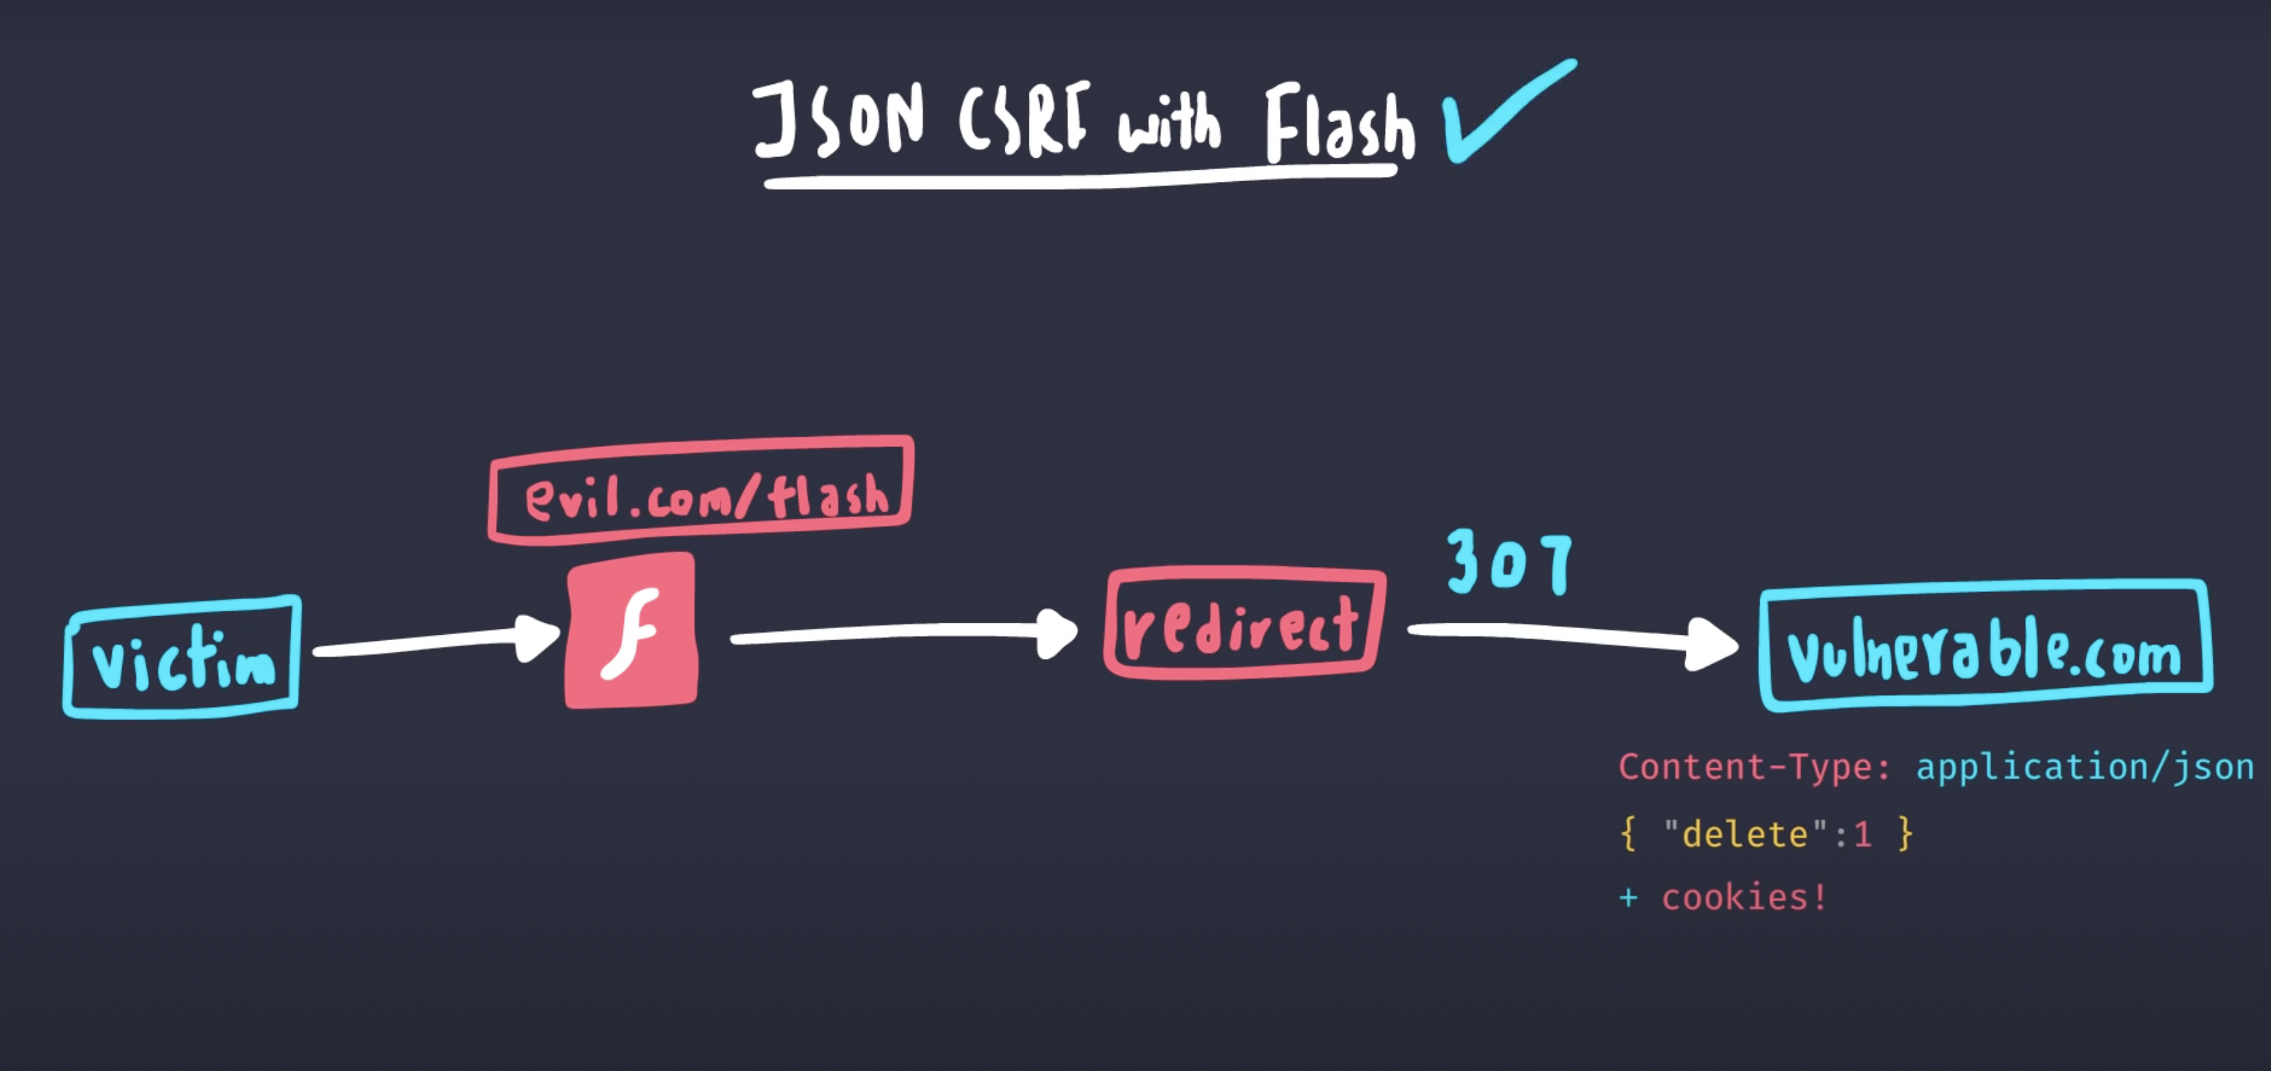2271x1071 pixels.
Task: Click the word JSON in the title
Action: (x=838, y=119)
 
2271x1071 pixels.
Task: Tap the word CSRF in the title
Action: (x=1023, y=119)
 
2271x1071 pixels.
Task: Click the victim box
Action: (x=183, y=658)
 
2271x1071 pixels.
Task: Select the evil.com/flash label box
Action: (x=701, y=489)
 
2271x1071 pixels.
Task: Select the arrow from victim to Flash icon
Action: (x=436, y=642)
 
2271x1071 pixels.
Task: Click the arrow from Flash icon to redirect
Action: (x=904, y=632)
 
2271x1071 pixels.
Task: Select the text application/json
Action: (x=2085, y=767)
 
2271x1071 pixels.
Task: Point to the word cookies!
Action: (x=1744, y=897)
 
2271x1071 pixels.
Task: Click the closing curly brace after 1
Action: (x=1905, y=833)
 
